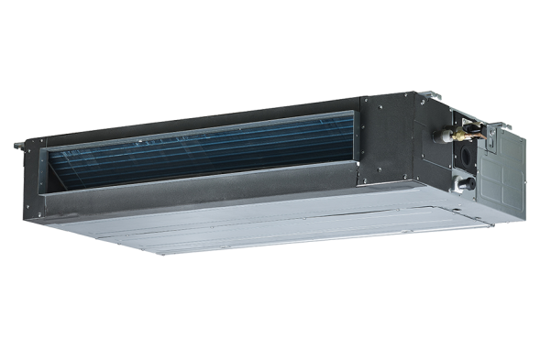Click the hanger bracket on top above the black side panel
click(431, 93)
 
